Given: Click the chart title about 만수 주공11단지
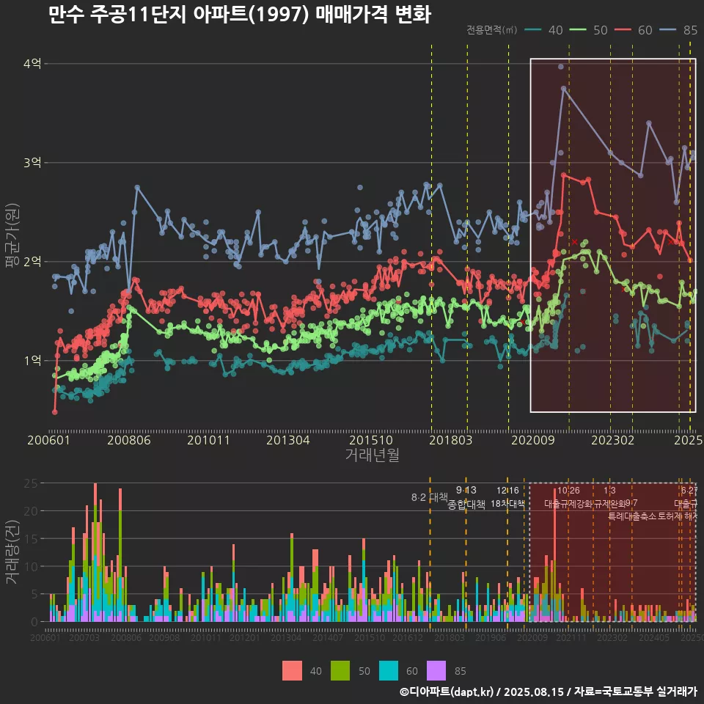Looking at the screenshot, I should click(239, 15).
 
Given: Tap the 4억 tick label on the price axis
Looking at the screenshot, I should click(32, 64).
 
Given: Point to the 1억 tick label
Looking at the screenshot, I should click(32, 360).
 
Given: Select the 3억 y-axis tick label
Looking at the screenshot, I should click(32, 163).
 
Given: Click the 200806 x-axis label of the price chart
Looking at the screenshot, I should click(130, 441).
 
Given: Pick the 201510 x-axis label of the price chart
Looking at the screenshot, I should click(368, 441).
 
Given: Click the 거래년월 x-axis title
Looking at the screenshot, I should click(372, 455).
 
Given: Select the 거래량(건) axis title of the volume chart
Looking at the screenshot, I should click(12, 552).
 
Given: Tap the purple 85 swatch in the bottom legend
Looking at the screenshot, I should click(436, 670).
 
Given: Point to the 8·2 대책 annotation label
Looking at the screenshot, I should click(429, 497).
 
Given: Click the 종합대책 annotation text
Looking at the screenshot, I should click(466, 505).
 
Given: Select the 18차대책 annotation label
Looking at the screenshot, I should click(508, 504).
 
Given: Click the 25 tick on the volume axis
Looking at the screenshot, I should click(32, 483).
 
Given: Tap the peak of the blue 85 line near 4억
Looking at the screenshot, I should click(563, 88).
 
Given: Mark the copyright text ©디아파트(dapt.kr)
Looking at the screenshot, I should click(447, 692).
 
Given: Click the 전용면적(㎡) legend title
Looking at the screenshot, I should click(491, 30).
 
